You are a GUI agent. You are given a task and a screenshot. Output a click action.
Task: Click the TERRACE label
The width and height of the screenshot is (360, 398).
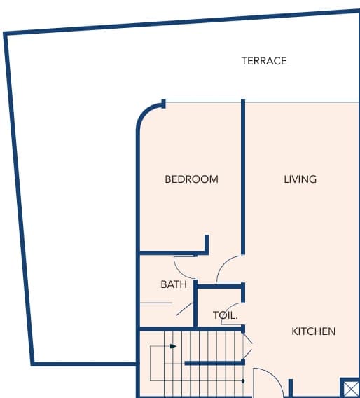pyautogui.click(x=264, y=61)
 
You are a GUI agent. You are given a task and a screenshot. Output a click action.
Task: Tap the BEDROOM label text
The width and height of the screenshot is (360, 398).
pyautogui.click(x=191, y=179)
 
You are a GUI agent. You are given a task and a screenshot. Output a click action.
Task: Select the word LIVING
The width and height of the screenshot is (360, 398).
pyautogui.click(x=300, y=179)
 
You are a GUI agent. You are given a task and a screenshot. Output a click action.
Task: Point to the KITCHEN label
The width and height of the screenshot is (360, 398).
pyautogui.click(x=314, y=331)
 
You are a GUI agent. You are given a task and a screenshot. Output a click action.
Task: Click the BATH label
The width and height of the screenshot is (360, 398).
pyautogui.click(x=174, y=284)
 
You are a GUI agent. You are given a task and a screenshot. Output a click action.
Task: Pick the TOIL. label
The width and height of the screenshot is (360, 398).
pyautogui.click(x=226, y=315)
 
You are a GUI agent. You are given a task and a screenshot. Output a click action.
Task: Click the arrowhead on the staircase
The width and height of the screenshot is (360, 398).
pyautogui.click(x=173, y=346)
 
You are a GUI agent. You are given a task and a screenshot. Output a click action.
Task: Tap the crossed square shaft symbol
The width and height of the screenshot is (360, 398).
pyautogui.click(x=350, y=387)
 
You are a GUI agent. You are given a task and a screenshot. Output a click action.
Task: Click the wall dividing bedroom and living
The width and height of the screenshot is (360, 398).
pyautogui.click(x=243, y=177)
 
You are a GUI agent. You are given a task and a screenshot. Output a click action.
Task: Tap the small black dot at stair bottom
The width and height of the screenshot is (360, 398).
pyautogui.click(x=243, y=381)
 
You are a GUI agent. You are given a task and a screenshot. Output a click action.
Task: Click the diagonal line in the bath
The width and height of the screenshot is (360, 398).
pyautogui.click(x=184, y=309)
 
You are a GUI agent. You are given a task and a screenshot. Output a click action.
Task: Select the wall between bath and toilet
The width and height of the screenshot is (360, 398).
pyautogui.click(x=195, y=303)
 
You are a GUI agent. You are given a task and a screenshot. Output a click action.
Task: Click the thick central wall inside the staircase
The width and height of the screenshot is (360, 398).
pyautogui.click(x=214, y=363)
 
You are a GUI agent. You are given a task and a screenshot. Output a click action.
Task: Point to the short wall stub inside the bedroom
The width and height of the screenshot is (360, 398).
pyautogui.click(x=207, y=244)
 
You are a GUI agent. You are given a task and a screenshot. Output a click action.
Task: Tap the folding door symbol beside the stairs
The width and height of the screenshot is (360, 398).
pyautogui.click(x=248, y=346)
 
